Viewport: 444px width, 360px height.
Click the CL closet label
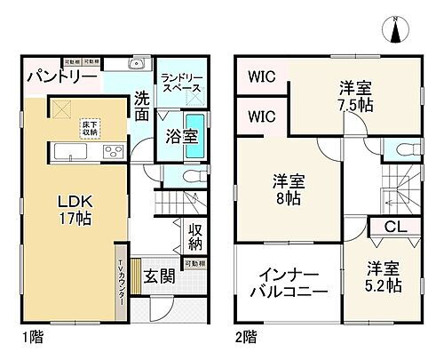[391, 228]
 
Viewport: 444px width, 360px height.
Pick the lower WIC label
[260, 117]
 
